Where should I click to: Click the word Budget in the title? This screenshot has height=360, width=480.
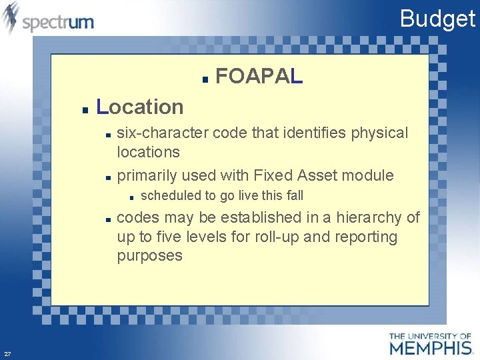coord(437,19)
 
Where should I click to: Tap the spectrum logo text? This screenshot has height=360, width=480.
coord(58,22)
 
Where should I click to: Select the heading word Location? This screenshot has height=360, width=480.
coord(140,107)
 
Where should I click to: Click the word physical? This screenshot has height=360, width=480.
coord(381,133)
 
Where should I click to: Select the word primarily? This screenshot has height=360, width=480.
coord(145,175)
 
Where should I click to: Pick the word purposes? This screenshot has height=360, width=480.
coord(149,256)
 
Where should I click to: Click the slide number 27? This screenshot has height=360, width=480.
coord(7,353)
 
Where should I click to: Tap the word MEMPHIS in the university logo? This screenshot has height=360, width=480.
coord(430,348)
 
